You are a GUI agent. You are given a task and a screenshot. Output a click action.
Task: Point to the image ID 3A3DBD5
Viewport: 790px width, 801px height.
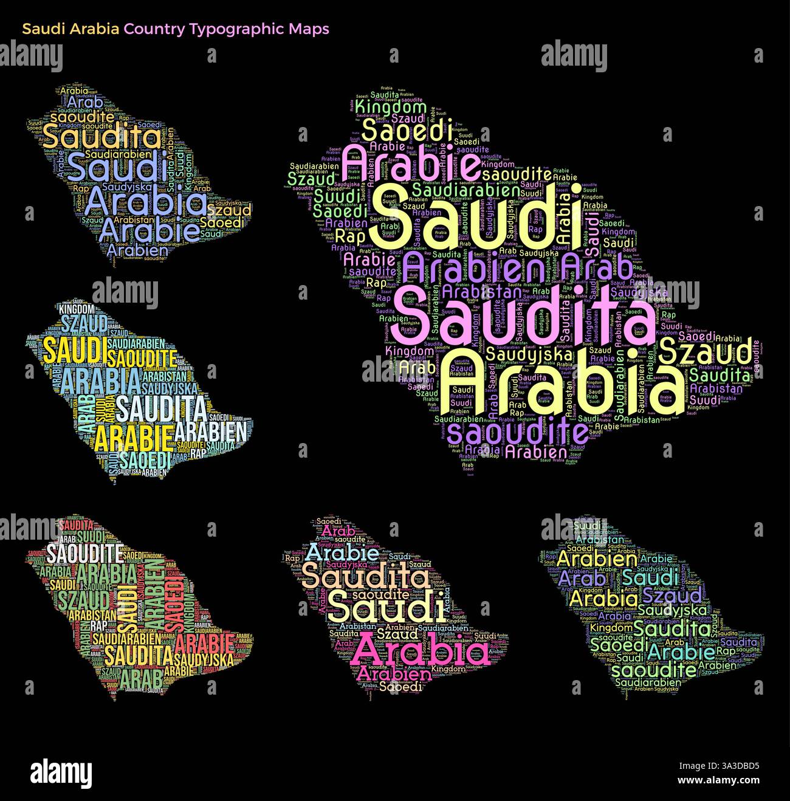[734, 766]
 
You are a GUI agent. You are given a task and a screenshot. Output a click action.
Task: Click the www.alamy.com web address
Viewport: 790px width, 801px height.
[718, 780]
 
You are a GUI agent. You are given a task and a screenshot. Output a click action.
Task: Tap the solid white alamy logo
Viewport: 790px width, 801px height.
[61, 773]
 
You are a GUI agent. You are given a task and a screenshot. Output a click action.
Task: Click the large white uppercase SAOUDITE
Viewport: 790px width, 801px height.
[84, 554]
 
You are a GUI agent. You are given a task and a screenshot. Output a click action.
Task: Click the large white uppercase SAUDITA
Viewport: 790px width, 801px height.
[162, 408]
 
